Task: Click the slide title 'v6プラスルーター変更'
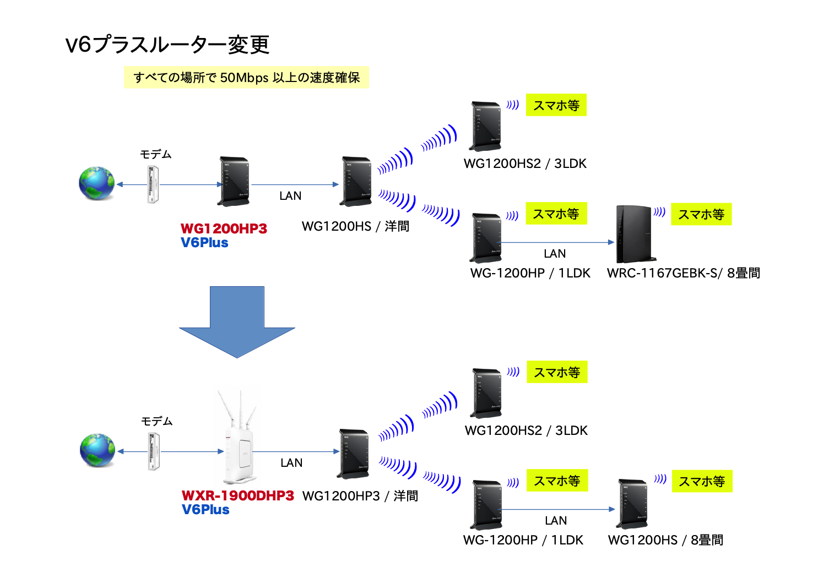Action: coord(167,45)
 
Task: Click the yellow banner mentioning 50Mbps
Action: coord(246,78)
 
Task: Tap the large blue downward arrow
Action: coord(237,322)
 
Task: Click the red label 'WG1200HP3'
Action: coord(224,228)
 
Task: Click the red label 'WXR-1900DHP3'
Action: coord(238,495)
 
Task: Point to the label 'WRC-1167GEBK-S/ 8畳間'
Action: coord(683,273)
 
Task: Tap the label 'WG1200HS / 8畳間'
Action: coord(665,540)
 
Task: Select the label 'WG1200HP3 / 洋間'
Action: coord(360,496)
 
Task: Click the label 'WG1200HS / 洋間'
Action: coord(355,226)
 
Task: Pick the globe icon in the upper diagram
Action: coord(96,183)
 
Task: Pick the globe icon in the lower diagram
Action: coord(97,450)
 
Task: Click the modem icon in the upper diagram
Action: coord(153,184)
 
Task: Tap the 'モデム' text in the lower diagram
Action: coord(156,422)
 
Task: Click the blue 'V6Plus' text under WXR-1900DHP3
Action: coord(205,510)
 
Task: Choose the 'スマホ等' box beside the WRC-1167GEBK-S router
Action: coord(701,215)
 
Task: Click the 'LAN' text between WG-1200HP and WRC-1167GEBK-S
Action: coord(555,254)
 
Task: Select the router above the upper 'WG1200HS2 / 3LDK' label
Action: coord(485,126)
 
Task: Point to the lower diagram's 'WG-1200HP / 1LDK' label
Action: coord(523,540)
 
